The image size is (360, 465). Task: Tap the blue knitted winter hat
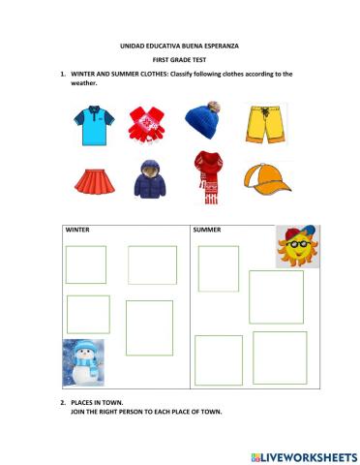click(x=204, y=121)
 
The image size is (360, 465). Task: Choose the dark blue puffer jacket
click(x=150, y=178)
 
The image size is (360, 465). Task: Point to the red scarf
click(x=206, y=175)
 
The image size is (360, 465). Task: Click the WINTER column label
click(x=77, y=231)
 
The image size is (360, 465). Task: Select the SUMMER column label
click(x=208, y=231)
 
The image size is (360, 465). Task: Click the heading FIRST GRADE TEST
click(x=180, y=59)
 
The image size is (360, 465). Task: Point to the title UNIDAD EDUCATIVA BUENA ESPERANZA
click(x=180, y=46)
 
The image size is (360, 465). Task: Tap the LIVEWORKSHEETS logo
click(x=303, y=455)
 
